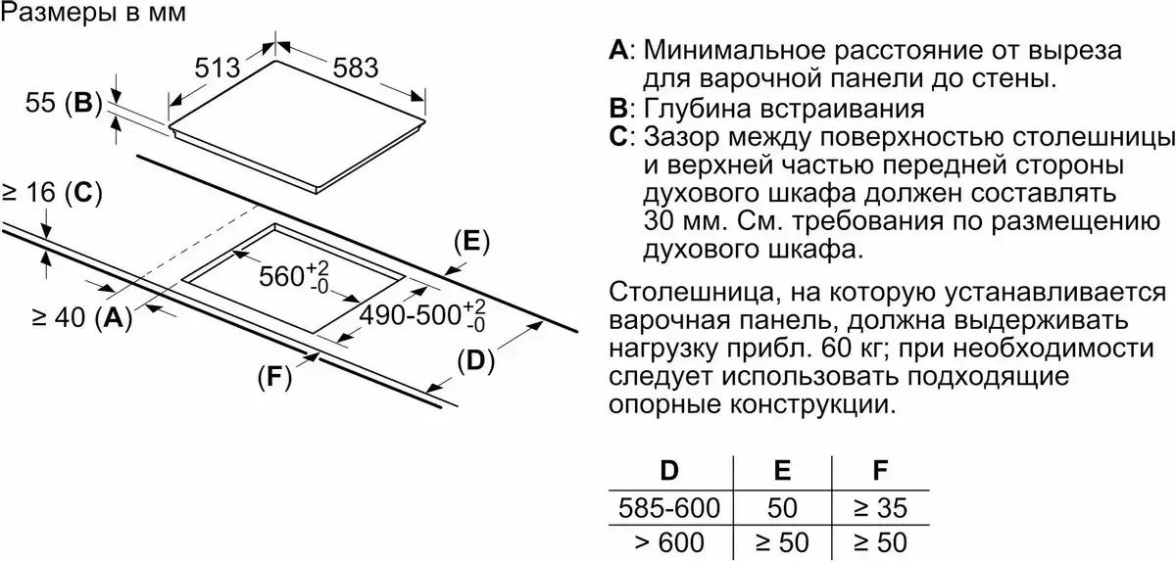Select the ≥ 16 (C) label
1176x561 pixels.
click(51, 194)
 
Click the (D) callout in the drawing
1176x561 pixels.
click(473, 360)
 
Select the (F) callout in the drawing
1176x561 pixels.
click(275, 378)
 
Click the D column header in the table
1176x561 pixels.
click(669, 470)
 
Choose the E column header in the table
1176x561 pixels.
click(782, 470)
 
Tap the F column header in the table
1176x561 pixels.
click(880, 470)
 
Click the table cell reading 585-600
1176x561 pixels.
click(670, 507)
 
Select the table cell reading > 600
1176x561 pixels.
click(670, 541)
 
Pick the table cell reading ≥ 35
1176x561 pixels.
click(880, 507)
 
